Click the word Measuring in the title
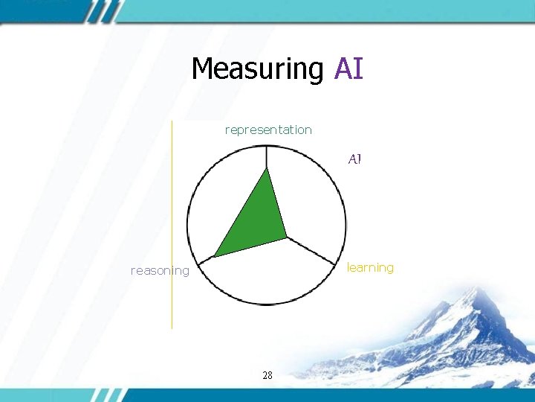pyautogui.click(x=257, y=68)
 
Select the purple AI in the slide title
pyautogui.click(x=348, y=68)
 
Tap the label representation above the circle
pyautogui.click(x=268, y=130)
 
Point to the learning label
pyautogui.click(x=370, y=267)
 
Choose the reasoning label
pyautogui.click(x=160, y=270)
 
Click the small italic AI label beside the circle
pyautogui.click(x=354, y=159)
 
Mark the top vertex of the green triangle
pyautogui.click(x=267, y=168)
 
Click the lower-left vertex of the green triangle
pyautogui.click(x=215, y=257)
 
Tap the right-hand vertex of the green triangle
pyautogui.click(x=287, y=238)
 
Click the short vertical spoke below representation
pyautogui.click(x=267, y=157)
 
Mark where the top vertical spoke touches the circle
pyautogui.click(x=267, y=146)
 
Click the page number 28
pyautogui.click(x=267, y=375)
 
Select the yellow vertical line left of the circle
pyautogui.click(x=172, y=223)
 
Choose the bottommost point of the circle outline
pyautogui.click(x=267, y=304)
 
